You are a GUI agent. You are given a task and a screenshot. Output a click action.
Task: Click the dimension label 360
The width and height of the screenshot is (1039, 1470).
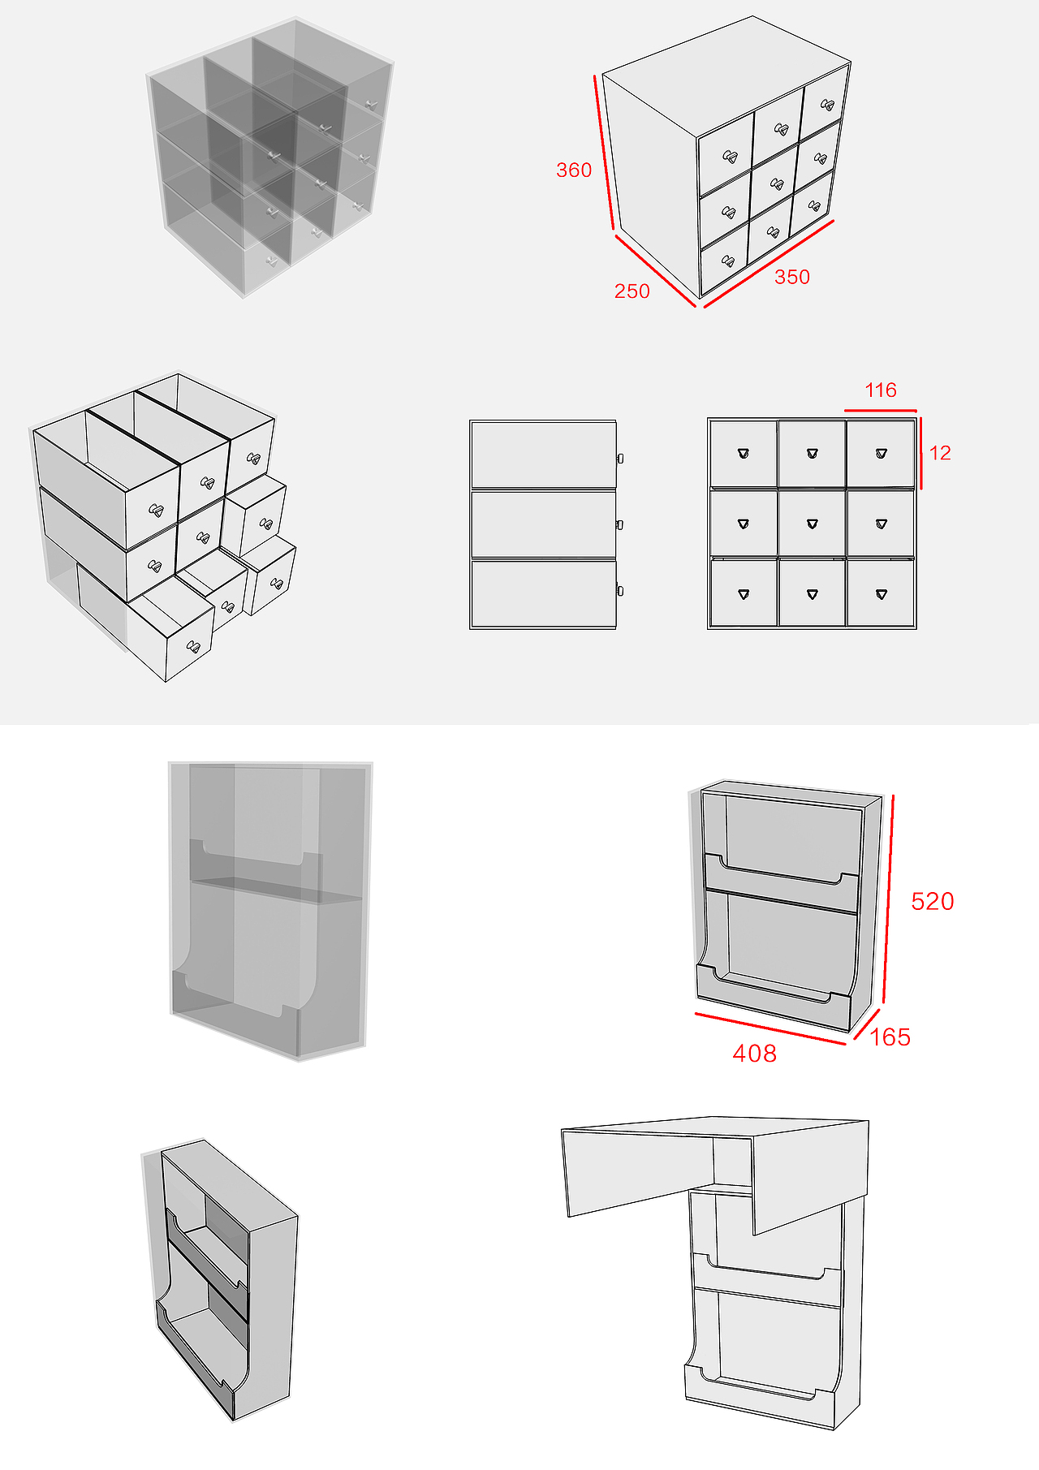click(x=574, y=170)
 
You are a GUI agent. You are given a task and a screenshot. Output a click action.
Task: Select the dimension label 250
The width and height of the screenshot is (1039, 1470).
click(x=632, y=291)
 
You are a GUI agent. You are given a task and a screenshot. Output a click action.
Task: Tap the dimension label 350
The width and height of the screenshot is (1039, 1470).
click(x=791, y=277)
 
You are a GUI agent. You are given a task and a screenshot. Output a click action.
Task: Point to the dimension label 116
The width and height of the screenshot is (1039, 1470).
click(x=881, y=390)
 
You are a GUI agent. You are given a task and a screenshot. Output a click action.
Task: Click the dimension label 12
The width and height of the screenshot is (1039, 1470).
click(x=940, y=453)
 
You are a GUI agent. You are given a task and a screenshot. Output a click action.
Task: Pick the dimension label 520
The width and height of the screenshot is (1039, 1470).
click(x=932, y=901)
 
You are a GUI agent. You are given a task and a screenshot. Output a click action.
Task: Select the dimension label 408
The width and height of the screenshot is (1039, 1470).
click(x=754, y=1054)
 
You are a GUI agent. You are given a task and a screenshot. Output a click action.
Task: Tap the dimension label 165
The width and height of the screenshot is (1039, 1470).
click(x=890, y=1037)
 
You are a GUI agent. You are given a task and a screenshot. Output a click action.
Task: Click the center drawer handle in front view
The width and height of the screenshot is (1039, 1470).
click(x=813, y=524)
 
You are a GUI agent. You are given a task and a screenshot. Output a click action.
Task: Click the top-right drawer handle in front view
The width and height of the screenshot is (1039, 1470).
click(x=882, y=454)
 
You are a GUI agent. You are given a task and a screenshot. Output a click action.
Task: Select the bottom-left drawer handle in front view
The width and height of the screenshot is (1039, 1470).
click(x=744, y=594)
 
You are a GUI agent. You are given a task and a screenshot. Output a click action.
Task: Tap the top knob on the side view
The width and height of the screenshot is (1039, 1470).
click(x=620, y=459)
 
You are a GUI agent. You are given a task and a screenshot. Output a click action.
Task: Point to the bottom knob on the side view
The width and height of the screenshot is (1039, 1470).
click(x=620, y=591)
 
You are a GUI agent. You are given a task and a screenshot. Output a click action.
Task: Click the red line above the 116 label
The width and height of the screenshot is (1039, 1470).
click(x=881, y=411)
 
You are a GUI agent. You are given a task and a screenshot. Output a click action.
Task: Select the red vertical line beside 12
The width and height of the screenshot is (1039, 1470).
click(x=921, y=453)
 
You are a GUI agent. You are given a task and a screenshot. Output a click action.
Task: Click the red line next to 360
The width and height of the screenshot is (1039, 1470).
click(x=605, y=154)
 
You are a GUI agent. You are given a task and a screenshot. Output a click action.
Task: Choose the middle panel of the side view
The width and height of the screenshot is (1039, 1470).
click(x=543, y=524)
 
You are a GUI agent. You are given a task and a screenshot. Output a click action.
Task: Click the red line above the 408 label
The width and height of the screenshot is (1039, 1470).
click(x=770, y=1028)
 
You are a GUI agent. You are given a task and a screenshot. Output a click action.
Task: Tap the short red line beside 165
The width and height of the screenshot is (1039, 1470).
click(x=867, y=1024)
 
